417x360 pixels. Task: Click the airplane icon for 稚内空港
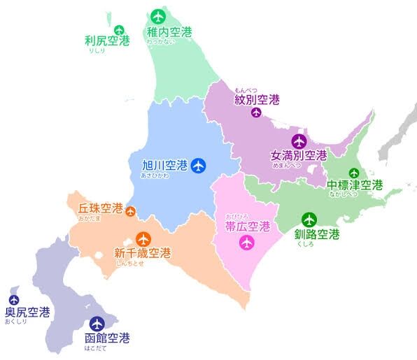pos(157,15)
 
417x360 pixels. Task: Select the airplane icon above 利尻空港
pos(119,29)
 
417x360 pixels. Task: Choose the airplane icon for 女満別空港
pos(299,140)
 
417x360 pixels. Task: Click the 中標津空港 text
pos(355,185)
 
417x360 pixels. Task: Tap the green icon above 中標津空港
pos(354,173)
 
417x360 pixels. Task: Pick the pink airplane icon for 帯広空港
pos(246,243)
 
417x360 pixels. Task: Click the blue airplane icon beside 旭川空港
pos(199,166)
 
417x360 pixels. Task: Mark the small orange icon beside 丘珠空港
pos(131,213)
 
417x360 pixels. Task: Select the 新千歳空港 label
pos(142,253)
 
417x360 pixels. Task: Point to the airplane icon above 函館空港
pos(97,324)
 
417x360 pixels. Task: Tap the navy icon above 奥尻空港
pos(13,300)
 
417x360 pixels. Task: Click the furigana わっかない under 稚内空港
pos(160,43)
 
